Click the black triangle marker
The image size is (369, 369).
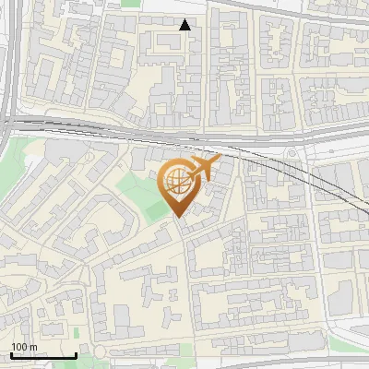tap(185, 25)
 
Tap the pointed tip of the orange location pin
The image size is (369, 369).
tap(177, 219)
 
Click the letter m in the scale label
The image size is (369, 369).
tap(34, 347)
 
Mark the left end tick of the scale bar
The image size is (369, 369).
tap(10, 355)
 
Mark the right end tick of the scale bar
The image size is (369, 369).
tap(76, 355)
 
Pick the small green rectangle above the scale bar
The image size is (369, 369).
tap(77, 332)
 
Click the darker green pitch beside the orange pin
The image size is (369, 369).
tap(156, 209)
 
